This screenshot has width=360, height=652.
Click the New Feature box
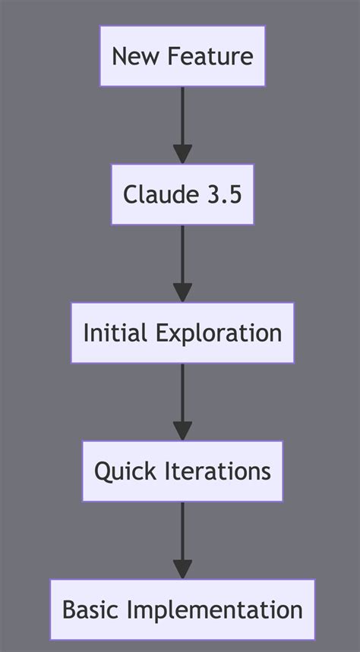(182, 56)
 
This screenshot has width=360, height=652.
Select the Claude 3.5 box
(182, 194)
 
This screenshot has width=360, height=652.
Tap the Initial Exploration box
(182, 332)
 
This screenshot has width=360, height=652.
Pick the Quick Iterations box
(182, 471)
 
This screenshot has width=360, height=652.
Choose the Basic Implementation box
(182, 609)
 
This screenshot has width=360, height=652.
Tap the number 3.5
(226, 194)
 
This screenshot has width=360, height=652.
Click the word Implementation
(214, 610)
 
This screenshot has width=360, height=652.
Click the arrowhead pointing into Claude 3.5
(182, 154)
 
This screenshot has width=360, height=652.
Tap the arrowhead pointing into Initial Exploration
(182, 292)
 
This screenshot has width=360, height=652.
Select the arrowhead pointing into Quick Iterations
(182, 430)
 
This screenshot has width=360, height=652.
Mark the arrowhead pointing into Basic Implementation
(182, 569)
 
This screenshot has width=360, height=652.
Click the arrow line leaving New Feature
(182, 114)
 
